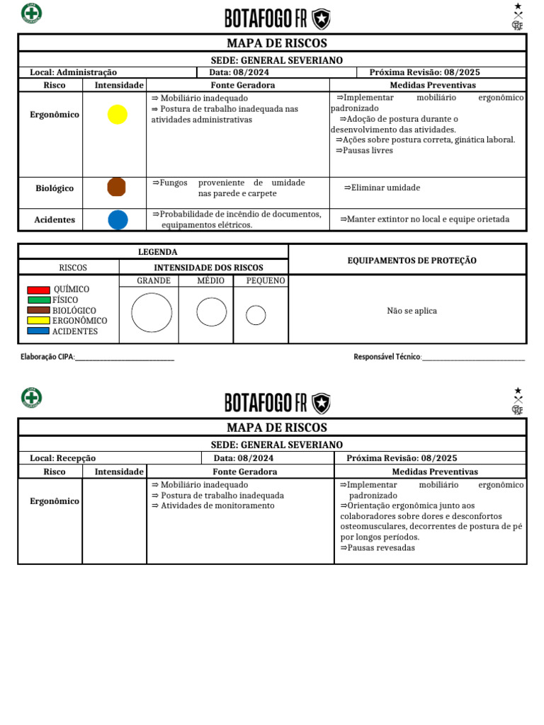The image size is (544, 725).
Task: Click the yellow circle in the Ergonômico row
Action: pyautogui.click(x=118, y=115)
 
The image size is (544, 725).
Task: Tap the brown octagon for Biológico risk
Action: pyautogui.click(x=116, y=187)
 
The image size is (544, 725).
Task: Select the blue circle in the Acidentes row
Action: pyautogui.click(x=118, y=219)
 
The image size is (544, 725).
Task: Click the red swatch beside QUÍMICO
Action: pyautogui.click(x=38, y=290)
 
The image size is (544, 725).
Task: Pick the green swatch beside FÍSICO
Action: pyautogui.click(x=38, y=299)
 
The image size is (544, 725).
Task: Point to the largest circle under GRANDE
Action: pyautogui.click(x=152, y=312)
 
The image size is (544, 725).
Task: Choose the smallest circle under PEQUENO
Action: pyautogui.click(x=256, y=315)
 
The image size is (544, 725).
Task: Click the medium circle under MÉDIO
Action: pyautogui.click(x=211, y=312)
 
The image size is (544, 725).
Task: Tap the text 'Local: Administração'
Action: pyautogui.click(x=74, y=72)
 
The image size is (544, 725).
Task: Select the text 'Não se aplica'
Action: pyautogui.click(x=412, y=311)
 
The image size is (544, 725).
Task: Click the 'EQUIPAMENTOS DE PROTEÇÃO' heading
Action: pyautogui.click(x=412, y=261)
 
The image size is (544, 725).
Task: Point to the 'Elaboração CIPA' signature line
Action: pyautogui.click(x=125, y=358)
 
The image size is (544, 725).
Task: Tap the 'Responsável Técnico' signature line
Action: pyautogui.click(x=473, y=358)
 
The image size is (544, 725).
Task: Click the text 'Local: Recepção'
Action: pyautogui.click(x=63, y=458)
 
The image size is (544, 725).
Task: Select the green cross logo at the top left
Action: pyautogui.click(x=31, y=13)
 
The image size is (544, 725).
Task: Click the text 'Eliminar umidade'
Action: pyautogui.click(x=382, y=188)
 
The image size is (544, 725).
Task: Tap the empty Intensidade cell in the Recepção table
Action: pyautogui.click(x=114, y=520)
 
